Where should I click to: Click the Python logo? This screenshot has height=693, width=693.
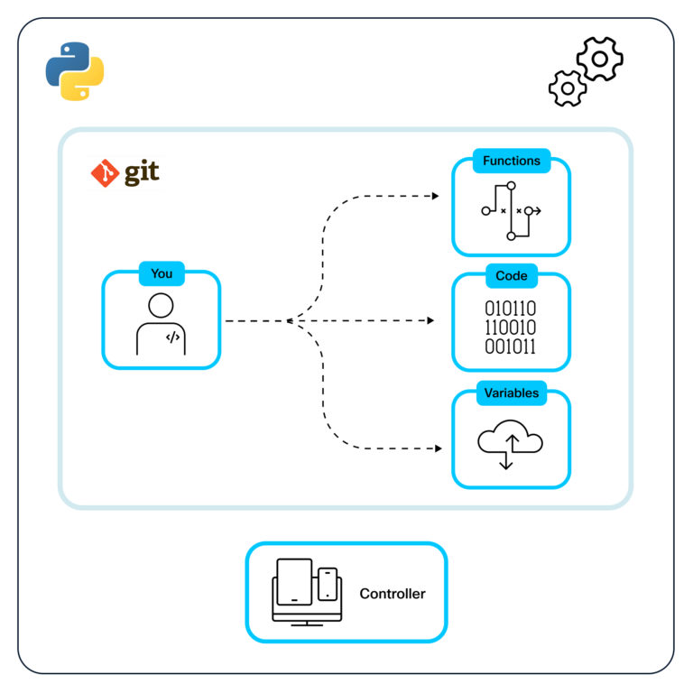pos(75,70)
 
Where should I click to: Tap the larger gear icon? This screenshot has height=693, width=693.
pos(599,60)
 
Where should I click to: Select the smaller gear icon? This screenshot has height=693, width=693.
pos(568,88)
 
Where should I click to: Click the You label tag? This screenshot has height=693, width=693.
pos(162,273)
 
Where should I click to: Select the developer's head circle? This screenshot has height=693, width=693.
pos(162,305)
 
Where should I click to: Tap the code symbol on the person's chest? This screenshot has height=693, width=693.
pos(172,337)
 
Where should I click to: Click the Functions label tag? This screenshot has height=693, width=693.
pos(512,161)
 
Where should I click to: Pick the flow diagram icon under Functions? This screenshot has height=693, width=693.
pos(511,210)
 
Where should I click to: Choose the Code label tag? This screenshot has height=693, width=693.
pos(512,275)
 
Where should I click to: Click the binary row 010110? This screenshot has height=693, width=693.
pos(511,308)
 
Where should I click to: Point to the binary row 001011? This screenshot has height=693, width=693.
pos(511,346)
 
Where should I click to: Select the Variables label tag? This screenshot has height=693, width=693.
pos(512,393)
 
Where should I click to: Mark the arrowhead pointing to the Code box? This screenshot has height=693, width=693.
pos(435,320)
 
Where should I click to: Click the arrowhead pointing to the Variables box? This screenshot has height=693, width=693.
pos(440,448)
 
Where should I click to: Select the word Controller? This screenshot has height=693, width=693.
pos(393,593)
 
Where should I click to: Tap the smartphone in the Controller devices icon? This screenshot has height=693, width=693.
pos(328,585)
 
